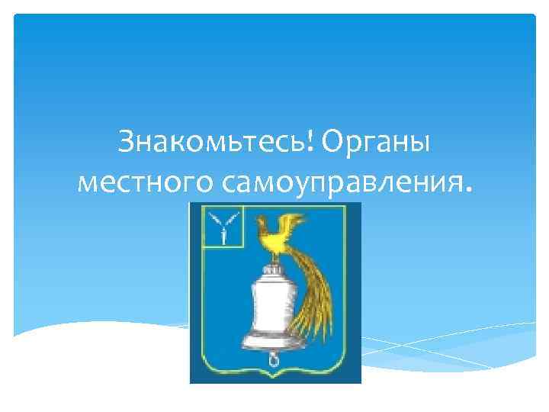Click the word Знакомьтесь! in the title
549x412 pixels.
217,142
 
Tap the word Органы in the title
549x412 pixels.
377,142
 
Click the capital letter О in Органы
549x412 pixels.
336,142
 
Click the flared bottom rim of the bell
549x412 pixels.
271,341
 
